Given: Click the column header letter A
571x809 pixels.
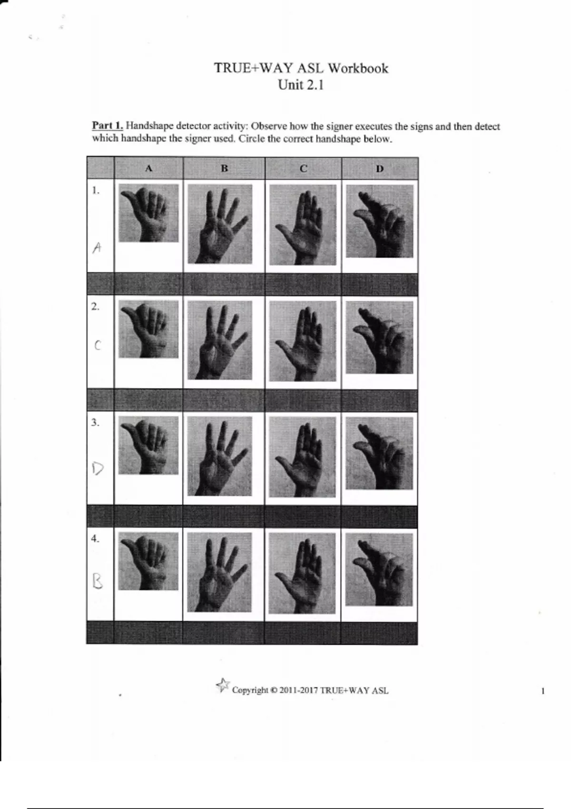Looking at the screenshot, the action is point(148,168).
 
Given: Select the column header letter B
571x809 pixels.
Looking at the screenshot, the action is point(224,168).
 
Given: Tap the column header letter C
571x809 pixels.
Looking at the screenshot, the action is point(304,168).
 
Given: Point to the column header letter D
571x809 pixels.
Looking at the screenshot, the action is point(380,168).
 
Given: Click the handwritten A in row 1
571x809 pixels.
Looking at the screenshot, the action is point(97,248).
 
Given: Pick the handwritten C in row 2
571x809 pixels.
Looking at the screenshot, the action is point(97,345).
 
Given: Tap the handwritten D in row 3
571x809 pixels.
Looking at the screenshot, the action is point(98,469).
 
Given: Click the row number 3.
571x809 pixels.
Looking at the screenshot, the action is point(95,423).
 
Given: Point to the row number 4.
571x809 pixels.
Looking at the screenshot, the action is point(95,539).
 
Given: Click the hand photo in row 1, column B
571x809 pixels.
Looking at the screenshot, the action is point(220,224).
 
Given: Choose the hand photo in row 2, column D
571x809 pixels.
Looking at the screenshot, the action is point(379,338).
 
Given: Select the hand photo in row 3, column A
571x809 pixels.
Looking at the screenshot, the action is point(148,445).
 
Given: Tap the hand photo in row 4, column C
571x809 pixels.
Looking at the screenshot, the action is point(302,573).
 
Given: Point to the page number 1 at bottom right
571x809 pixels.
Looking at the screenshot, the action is point(542,691).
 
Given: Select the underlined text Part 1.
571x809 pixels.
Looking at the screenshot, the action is point(108,126).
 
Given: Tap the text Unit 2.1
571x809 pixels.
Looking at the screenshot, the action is point(300,85).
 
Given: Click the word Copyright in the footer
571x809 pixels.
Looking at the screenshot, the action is point(250,691).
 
